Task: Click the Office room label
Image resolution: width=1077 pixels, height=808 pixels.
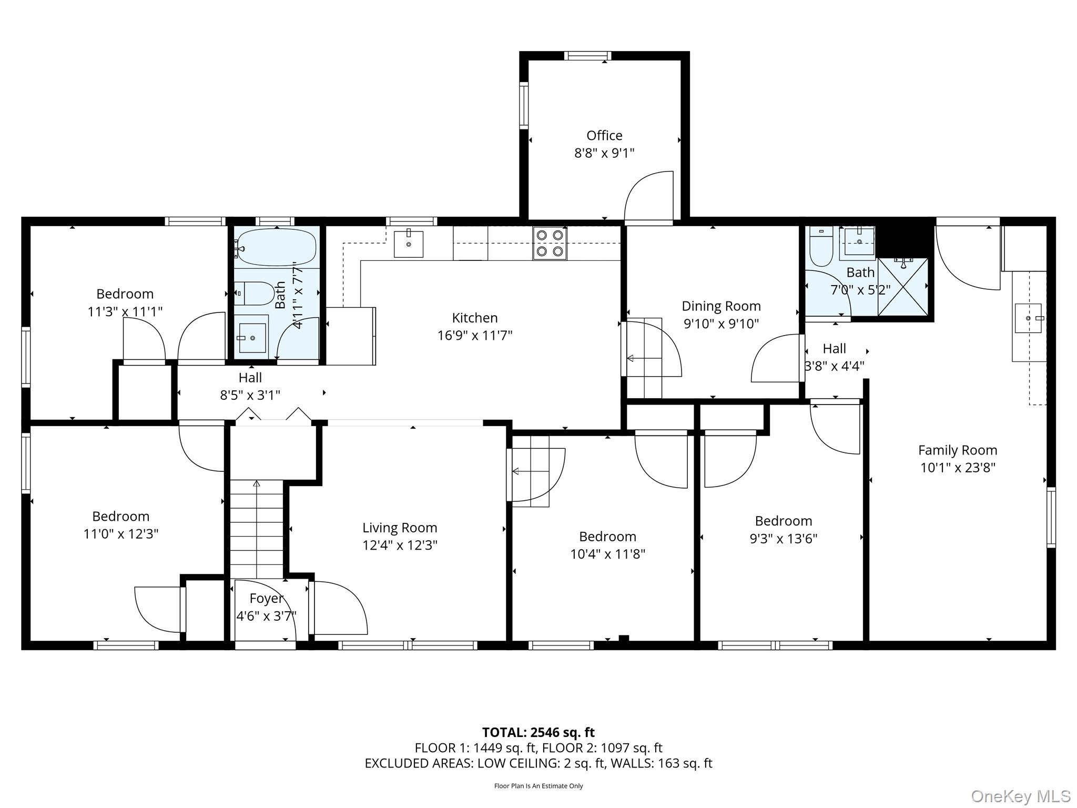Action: click(x=604, y=136)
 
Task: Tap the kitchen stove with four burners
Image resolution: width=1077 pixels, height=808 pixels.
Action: click(x=550, y=243)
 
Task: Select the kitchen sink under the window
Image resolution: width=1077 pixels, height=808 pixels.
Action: click(x=409, y=244)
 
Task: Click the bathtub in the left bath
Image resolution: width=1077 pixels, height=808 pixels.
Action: click(x=276, y=247)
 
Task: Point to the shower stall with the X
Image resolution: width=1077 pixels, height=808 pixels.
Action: click(x=902, y=287)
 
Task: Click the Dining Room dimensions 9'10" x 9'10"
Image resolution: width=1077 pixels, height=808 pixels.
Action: click(x=721, y=324)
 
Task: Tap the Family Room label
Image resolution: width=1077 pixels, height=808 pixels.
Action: click(x=957, y=450)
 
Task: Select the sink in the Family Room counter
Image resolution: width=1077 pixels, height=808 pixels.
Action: click(x=1028, y=318)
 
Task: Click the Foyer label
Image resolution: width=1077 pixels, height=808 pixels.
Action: click(x=266, y=599)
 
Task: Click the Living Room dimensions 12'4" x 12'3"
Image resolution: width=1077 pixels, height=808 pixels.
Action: click(x=400, y=546)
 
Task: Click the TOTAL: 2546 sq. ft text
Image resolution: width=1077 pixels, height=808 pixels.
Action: click(x=538, y=732)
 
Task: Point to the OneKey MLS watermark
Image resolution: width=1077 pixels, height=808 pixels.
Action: click(x=1020, y=796)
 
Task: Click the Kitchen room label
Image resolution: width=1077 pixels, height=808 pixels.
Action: click(x=474, y=318)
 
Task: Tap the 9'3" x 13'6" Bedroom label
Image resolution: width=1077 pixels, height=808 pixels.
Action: click(x=783, y=521)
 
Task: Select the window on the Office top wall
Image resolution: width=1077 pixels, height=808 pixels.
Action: click(x=587, y=56)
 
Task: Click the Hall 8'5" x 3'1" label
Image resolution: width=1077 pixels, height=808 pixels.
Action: click(x=250, y=378)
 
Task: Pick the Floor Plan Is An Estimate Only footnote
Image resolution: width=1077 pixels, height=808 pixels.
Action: click(x=538, y=786)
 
